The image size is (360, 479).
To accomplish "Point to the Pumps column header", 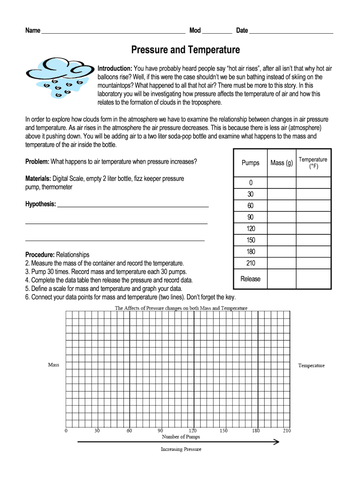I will click(x=250, y=163).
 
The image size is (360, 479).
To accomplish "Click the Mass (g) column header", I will click(x=281, y=163).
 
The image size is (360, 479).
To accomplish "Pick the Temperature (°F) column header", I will click(x=313, y=163).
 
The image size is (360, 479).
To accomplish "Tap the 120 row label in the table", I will click(x=251, y=229).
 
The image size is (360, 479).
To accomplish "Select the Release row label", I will click(x=251, y=279).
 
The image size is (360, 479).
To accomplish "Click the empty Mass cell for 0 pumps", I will click(x=281, y=183).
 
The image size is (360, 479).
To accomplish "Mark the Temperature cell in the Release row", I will click(x=313, y=279).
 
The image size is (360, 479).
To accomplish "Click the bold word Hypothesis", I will click(x=41, y=204).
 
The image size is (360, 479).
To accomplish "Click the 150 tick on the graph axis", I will click(x=224, y=430).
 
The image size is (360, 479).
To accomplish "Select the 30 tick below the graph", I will click(x=97, y=430).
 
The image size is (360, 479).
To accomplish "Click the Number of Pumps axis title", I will click(x=180, y=437).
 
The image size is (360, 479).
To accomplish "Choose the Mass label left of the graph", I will click(x=54, y=365).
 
